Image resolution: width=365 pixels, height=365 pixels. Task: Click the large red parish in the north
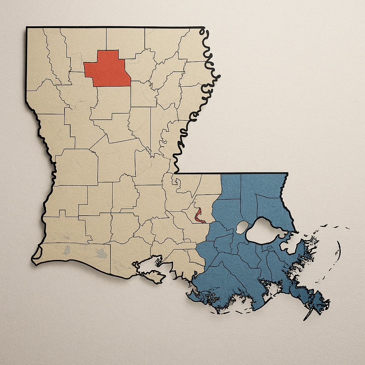[107, 69]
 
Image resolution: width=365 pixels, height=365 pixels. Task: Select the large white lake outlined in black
[266, 231]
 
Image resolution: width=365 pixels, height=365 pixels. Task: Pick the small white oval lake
[242, 227]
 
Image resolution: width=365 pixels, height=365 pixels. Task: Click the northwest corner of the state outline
[27, 27]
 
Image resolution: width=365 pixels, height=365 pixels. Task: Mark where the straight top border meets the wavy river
[203, 27]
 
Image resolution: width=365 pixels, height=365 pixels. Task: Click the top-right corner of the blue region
[287, 174]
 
